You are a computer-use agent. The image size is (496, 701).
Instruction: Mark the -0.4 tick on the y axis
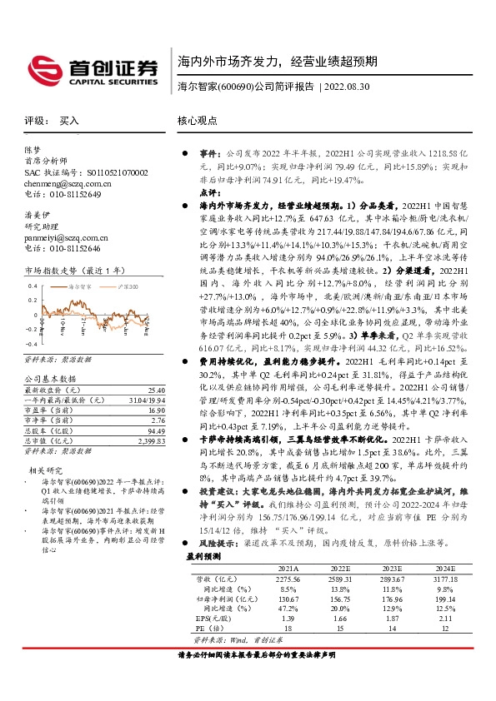31,342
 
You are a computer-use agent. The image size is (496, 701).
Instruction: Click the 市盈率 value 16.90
155,410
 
